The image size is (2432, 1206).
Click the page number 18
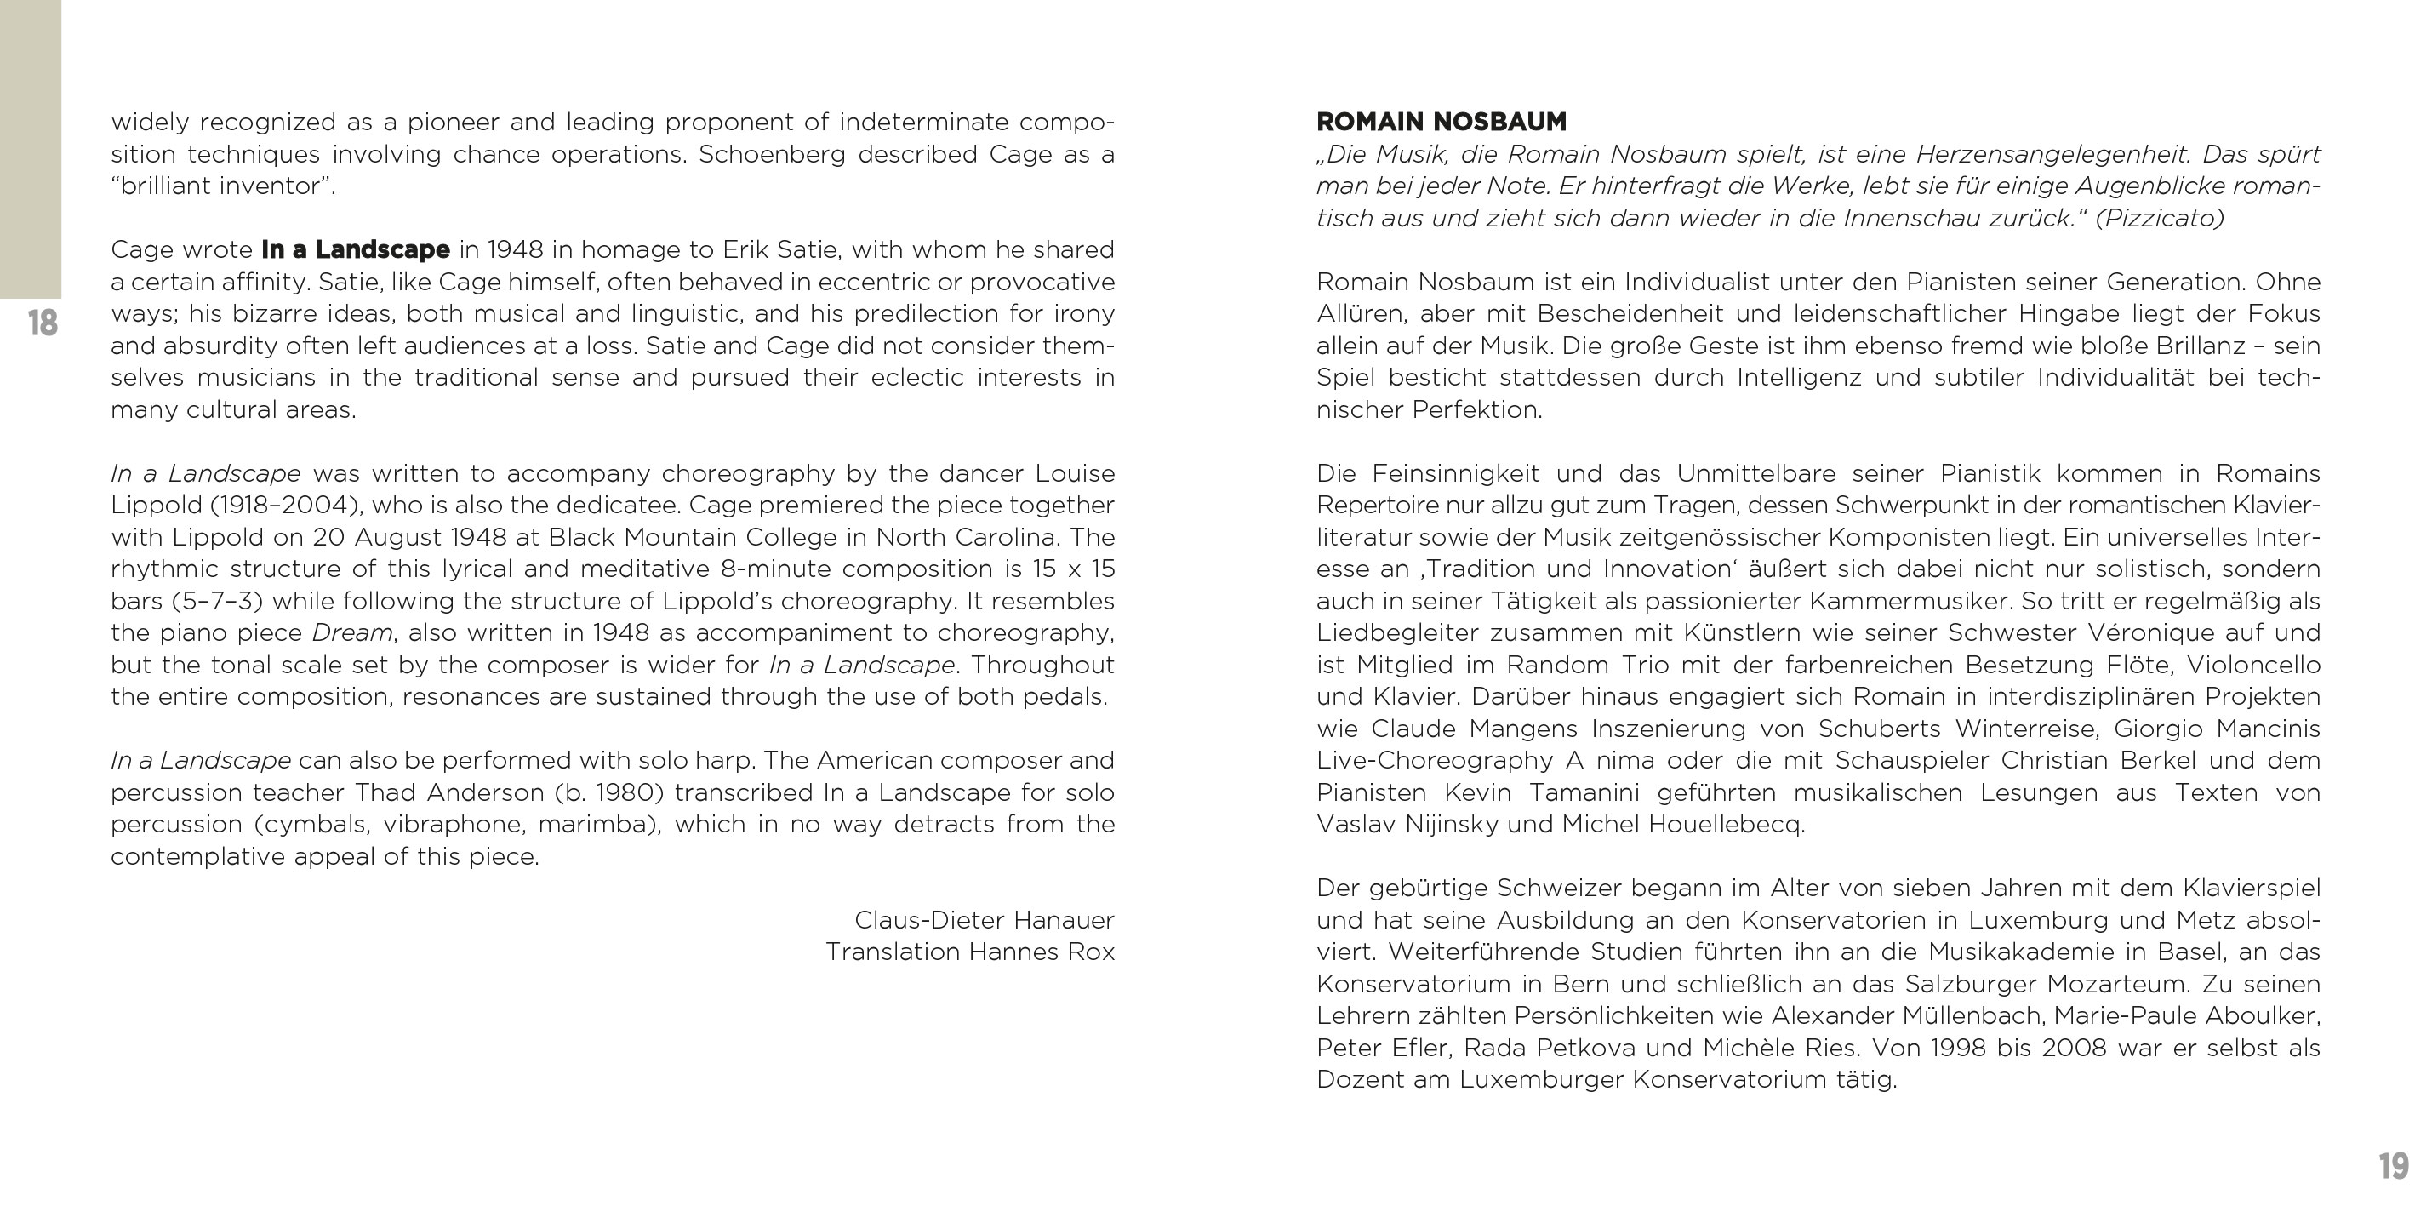click(43, 323)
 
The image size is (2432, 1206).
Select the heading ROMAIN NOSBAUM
click(1441, 122)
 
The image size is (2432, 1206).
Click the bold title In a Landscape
click(355, 249)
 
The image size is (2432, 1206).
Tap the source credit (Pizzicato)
click(2159, 218)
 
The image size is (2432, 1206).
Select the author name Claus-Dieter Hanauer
click(984, 920)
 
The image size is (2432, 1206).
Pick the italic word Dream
click(352, 632)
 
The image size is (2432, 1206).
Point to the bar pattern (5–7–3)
click(217, 601)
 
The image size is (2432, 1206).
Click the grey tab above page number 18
click(31, 149)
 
